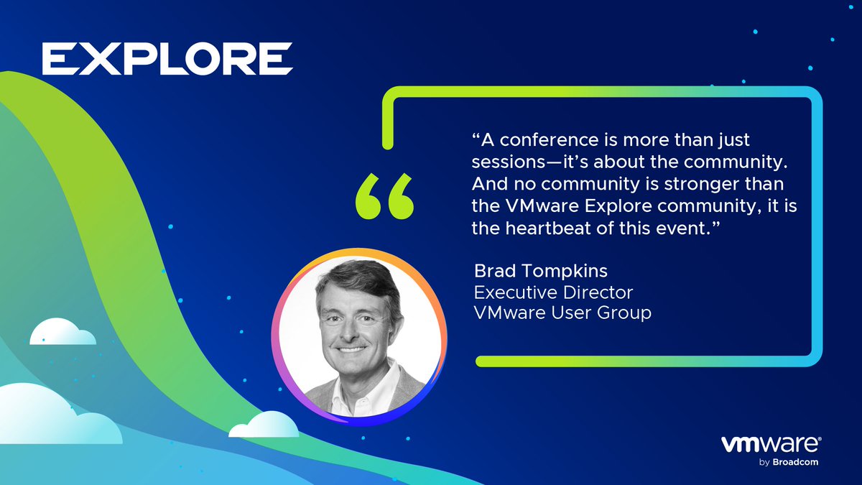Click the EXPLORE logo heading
(x=167, y=59)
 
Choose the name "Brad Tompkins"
(x=529, y=272)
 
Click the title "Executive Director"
(x=553, y=292)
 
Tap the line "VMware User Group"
(x=562, y=313)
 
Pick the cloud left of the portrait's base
(x=263, y=425)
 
